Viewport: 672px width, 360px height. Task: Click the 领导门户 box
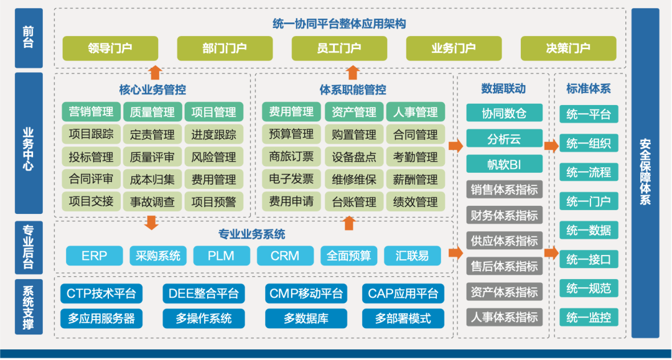click(110, 48)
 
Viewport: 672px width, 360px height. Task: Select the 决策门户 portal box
click(568, 48)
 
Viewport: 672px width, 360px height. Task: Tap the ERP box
click(94, 256)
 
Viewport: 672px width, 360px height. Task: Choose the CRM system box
click(285, 256)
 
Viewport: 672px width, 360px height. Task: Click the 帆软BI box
click(504, 164)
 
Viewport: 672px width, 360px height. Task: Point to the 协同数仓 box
click(504, 113)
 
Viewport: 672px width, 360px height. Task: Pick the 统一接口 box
click(588, 259)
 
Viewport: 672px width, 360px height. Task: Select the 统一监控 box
click(588, 318)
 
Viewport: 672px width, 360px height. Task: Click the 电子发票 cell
click(291, 180)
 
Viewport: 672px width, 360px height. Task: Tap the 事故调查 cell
click(152, 201)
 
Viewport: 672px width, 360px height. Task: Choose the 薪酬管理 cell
click(416, 180)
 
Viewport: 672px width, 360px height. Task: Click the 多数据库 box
click(306, 318)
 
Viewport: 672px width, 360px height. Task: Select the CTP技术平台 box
click(101, 293)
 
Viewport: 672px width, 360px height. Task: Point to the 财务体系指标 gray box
click(504, 215)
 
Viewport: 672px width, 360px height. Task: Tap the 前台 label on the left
click(28, 37)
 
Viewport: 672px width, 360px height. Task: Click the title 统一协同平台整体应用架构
click(339, 24)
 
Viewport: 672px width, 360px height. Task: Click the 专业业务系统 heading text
click(251, 234)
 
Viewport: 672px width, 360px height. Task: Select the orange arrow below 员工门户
click(353, 72)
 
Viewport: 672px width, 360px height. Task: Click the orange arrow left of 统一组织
click(551, 146)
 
